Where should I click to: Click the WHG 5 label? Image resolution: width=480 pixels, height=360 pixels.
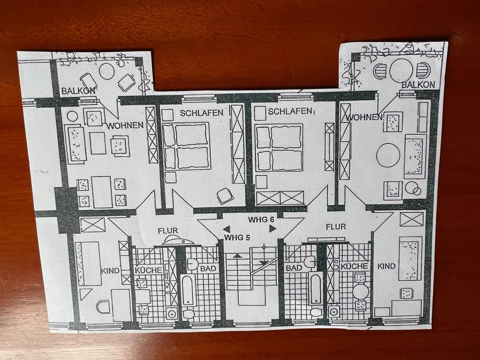click(x=237, y=237)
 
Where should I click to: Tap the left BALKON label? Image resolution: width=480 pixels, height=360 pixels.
click(x=78, y=91)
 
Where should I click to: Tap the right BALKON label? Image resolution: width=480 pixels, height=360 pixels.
click(x=417, y=85)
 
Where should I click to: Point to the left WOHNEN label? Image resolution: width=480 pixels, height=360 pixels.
click(x=125, y=124)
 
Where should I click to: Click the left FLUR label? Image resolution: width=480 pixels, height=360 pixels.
click(x=167, y=231)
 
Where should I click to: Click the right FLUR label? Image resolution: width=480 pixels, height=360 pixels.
click(x=335, y=226)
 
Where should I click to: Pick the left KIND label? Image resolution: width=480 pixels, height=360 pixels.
click(x=110, y=270)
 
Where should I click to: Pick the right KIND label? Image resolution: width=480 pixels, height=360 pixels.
click(x=386, y=265)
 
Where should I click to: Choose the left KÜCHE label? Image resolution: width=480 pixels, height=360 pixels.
click(x=148, y=270)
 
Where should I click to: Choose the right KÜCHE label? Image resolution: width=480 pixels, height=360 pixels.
click(x=354, y=266)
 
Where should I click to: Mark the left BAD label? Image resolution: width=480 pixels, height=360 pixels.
click(x=207, y=268)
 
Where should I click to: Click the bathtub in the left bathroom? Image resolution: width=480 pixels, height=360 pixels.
click(x=188, y=289)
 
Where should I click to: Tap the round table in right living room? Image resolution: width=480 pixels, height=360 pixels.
click(x=388, y=155)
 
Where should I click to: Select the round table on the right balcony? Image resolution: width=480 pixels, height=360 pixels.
click(x=401, y=70)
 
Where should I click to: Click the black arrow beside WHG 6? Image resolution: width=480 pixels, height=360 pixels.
click(x=272, y=228)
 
